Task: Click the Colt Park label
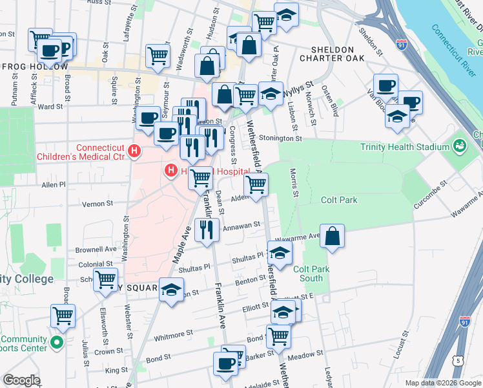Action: [x=339, y=200]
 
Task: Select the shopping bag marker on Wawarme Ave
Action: [x=332, y=237]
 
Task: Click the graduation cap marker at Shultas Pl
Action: [x=279, y=254]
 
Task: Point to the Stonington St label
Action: [x=280, y=138]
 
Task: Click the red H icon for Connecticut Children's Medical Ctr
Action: [x=134, y=151]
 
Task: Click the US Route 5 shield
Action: [x=458, y=360]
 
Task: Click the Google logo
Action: [x=22, y=380]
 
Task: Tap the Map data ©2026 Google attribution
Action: [x=442, y=383]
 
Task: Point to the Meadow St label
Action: [x=306, y=354]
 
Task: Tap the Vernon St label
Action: [x=98, y=203]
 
